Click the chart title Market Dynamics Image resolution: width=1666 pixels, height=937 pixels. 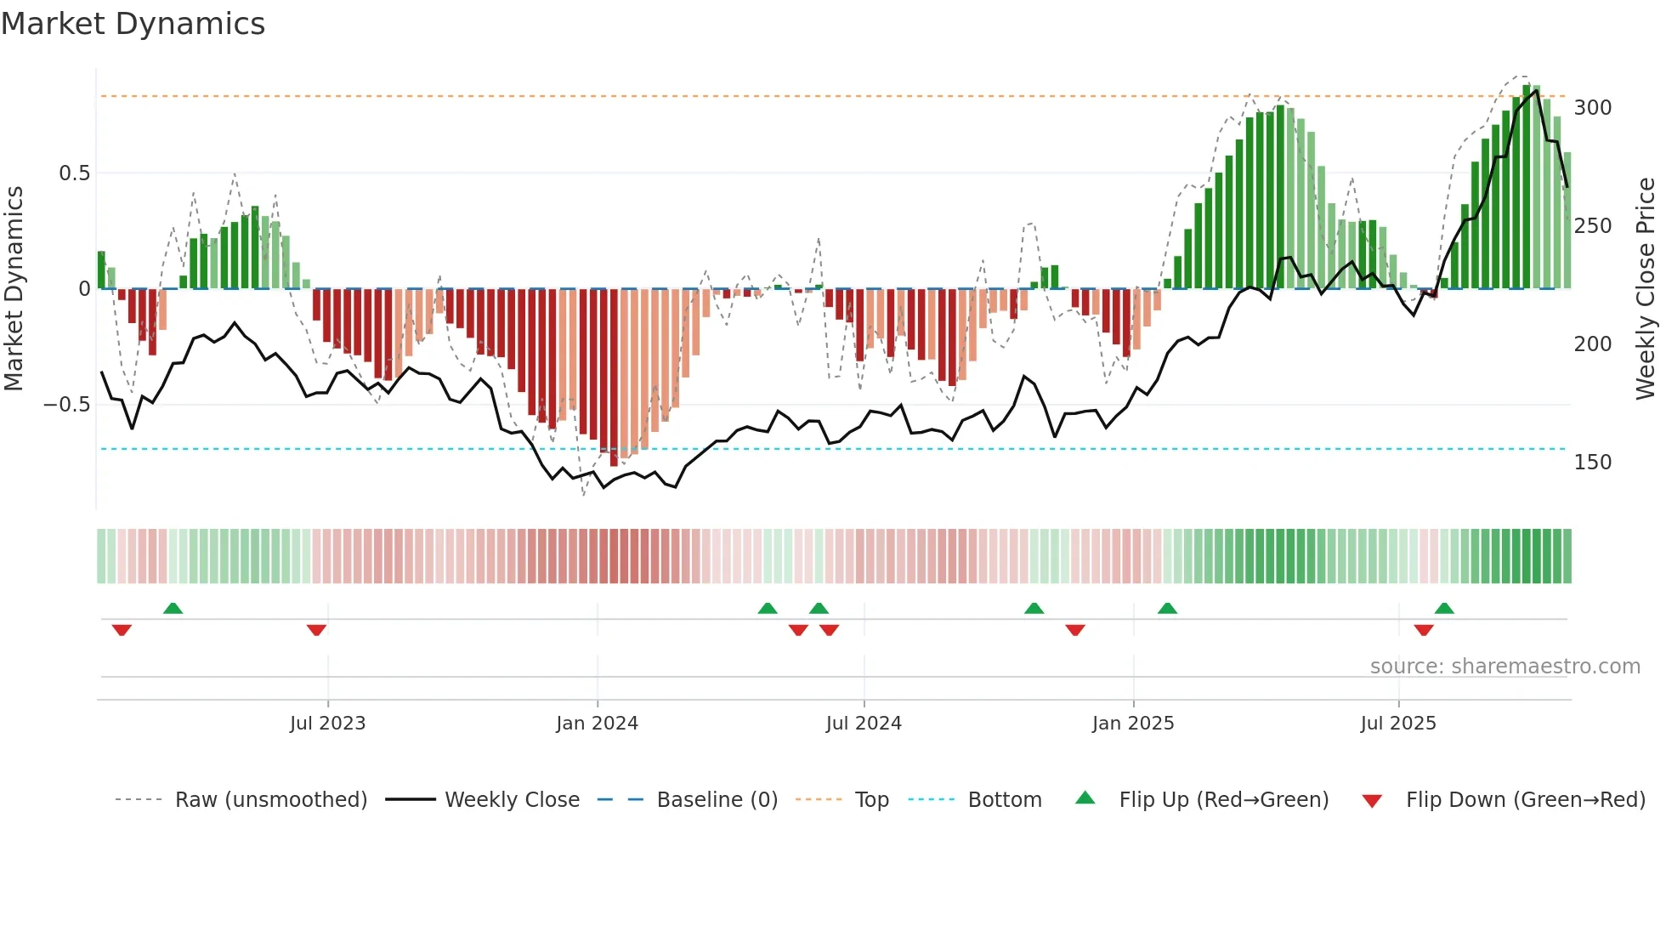(x=133, y=24)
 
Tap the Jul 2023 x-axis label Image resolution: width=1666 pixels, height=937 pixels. (x=327, y=724)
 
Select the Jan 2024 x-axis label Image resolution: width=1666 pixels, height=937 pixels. (x=597, y=724)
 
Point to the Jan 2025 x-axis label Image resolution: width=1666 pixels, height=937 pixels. (x=1133, y=724)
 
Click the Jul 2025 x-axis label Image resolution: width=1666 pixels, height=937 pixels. (x=1398, y=724)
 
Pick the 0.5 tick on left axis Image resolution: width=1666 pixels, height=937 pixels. (x=74, y=173)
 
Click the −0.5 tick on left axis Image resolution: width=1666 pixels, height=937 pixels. (x=67, y=405)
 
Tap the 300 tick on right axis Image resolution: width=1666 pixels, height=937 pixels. (x=1592, y=108)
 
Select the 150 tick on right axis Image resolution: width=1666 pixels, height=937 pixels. (x=1592, y=463)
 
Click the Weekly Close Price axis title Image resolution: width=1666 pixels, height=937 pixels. (x=1646, y=289)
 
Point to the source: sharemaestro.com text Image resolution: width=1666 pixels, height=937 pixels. (x=1504, y=667)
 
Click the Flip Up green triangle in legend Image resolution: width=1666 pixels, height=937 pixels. (x=1085, y=798)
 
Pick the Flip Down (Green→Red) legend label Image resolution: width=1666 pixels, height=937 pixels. (x=1525, y=800)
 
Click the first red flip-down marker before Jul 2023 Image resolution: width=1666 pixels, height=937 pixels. (x=122, y=630)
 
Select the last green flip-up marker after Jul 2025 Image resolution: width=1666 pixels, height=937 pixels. (x=1444, y=608)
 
